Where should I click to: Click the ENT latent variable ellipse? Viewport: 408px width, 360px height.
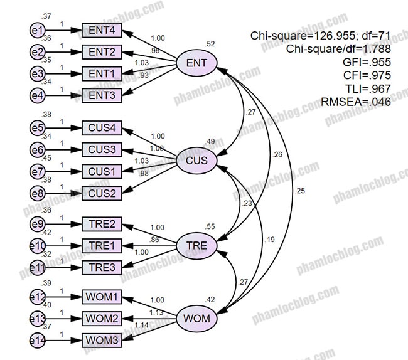(196, 63)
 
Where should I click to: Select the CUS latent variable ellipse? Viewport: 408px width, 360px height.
(196, 161)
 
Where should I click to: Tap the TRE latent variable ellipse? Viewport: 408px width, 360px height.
(196, 244)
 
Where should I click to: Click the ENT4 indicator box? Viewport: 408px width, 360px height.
(101, 30)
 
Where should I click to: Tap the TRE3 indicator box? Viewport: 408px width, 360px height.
(101, 267)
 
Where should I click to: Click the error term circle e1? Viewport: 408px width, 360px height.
(38, 30)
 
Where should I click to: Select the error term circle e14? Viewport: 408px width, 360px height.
(38, 341)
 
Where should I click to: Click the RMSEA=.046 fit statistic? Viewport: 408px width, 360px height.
(355, 101)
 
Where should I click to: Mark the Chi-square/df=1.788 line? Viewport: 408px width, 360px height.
(338, 48)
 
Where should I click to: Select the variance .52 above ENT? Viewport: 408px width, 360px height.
(209, 43)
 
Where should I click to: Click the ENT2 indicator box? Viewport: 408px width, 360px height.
(101, 51)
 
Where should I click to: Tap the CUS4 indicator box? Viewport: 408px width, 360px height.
(101, 129)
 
